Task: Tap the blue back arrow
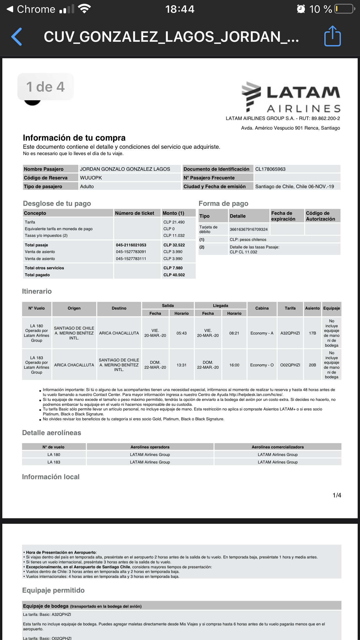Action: pyautogui.click(x=17, y=37)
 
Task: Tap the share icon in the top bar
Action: pyautogui.click(x=332, y=36)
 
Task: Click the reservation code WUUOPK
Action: pyautogui.click(x=91, y=178)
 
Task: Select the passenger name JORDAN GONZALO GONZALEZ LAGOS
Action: pyautogui.click(x=125, y=169)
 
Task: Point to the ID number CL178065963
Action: pyautogui.click(x=270, y=169)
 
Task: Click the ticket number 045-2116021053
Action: pyautogui.click(x=131, y=245)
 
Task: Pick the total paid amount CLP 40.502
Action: pyautogui.click(x=174, y=275)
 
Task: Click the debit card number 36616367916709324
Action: pyautogui.click(x=249, y=229)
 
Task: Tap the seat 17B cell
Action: pyautogui.click(x=312, y=333)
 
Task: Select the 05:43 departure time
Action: pyautogui.click(x=181, y=333)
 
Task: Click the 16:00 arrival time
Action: pyautogui.click(x=234, y=365)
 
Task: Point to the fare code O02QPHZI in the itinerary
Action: pyautogui.click(x=290, y=365)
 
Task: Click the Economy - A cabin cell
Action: pyautogui.click(x=262, y=333)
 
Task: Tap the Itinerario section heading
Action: pyautogui.click(x=37, y=291)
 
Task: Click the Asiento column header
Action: pyautogui.click(x=312, y=308)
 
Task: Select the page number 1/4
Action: pyautogui.click(x=337, y=495)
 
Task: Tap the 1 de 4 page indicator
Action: pyautogui.click(x=46, y=87)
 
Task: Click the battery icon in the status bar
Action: pyautogui.click(x=344, y=9)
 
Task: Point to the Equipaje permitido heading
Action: pyautogui.click(x=53, y=590)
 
